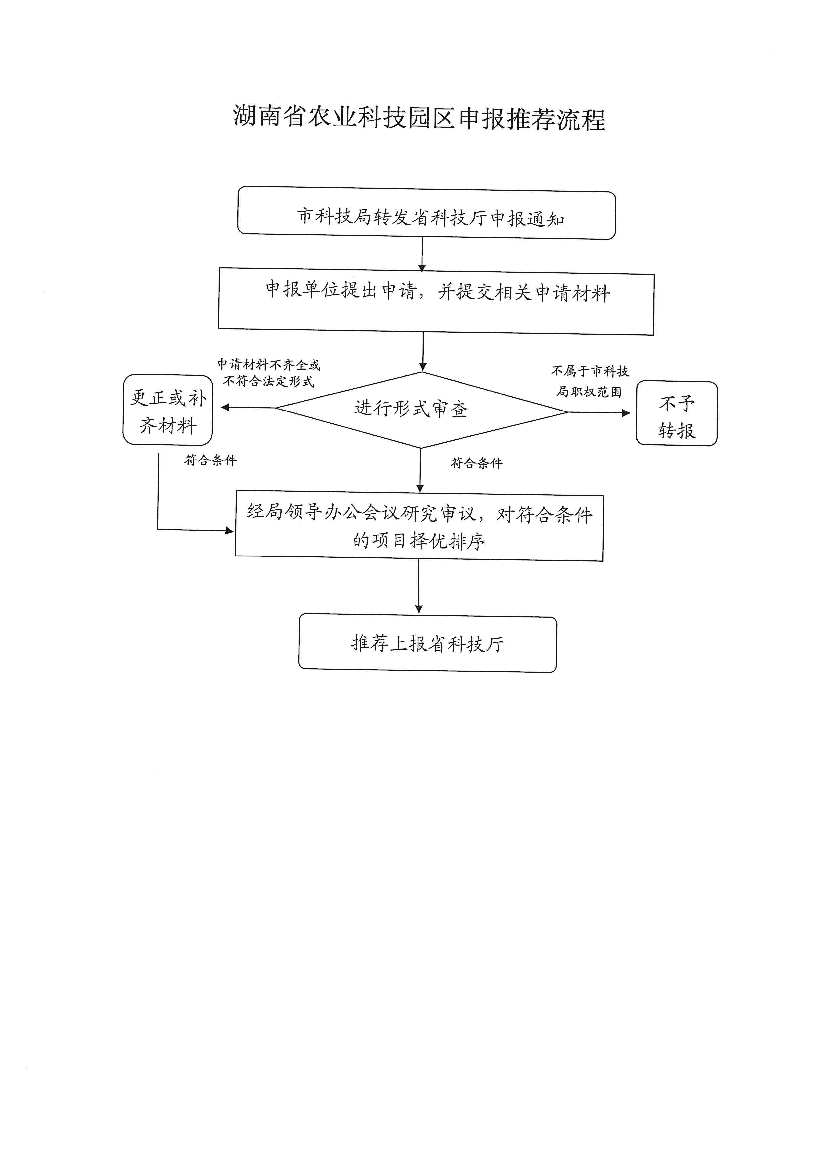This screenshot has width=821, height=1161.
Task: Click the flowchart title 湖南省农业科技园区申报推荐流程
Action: (x=419, y=118)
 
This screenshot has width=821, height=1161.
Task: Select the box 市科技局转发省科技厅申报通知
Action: (x=427, y=213)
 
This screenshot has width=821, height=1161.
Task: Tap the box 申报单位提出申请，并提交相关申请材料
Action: (x=436, y=301)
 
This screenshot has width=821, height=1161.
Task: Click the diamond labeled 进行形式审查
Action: (x=422, y=410)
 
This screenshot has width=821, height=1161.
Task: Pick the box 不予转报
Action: (x=676, y=413)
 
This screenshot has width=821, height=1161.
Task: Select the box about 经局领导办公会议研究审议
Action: (x=419, y=526)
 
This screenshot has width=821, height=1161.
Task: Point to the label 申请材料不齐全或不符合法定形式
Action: (x=269, y=373)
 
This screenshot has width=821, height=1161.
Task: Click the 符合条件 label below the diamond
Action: (x=476, y=463)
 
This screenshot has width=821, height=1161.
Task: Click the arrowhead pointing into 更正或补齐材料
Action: (x=225, y=407)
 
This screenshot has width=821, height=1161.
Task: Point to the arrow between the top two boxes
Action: (x=422, y=255)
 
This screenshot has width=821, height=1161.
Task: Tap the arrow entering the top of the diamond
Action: (x=423, y=352)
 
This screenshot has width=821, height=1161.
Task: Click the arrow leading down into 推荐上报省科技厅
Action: (x=418, y=587)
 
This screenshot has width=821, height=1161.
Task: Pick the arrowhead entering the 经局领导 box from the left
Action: (x=229, y=530)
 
